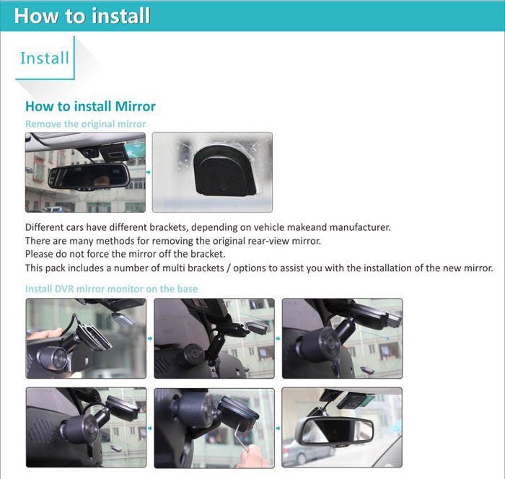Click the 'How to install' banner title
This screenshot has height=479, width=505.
coord(82,15)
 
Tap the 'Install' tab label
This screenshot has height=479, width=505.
coord(45,58)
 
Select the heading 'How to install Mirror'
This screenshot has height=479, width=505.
coord(90,106)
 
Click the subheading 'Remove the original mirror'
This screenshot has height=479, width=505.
coord(85,124)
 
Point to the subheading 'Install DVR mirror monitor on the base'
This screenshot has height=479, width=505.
coord(111,289)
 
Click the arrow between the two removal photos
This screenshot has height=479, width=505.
coord(149,172)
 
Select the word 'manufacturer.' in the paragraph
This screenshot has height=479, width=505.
coord(353,227)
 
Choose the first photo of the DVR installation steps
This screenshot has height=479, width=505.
coord(85,338)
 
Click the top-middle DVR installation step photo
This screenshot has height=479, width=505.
coord(214,338)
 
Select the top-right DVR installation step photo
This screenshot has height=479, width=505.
coord(342,338)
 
